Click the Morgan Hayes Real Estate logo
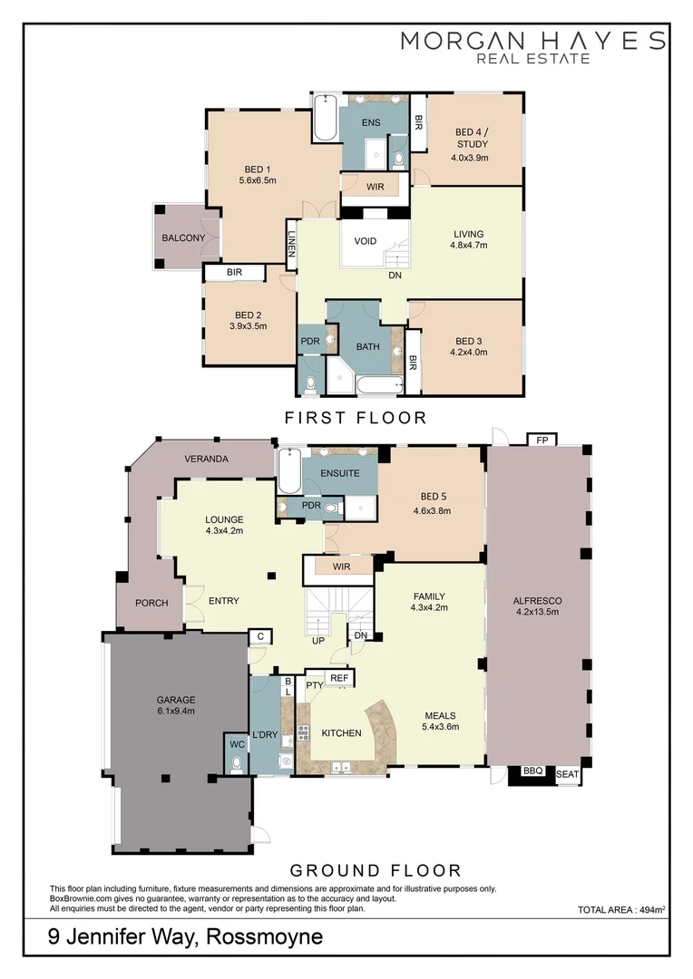[x=533, y=46]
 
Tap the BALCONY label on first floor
[x=184, y=237]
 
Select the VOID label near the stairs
[x=366, y=242]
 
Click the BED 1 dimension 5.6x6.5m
[x=258, y=180]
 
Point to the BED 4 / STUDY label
[x=471, y=138]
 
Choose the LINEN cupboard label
[x=292, y=245]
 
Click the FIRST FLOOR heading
[x=355, y=418]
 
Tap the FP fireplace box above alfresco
[x=542, y=440]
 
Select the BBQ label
[x=532, y=772]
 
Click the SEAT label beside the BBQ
[x=567, y=773]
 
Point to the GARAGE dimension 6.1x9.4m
[x=176, y=711]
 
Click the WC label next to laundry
[x=237, y=744]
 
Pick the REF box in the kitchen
[x=339, y=678]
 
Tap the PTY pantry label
[x=315, y=686]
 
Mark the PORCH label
[x=151, y=603]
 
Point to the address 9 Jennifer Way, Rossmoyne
[x=186, y=936]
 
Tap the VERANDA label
[x=206, y=459]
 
